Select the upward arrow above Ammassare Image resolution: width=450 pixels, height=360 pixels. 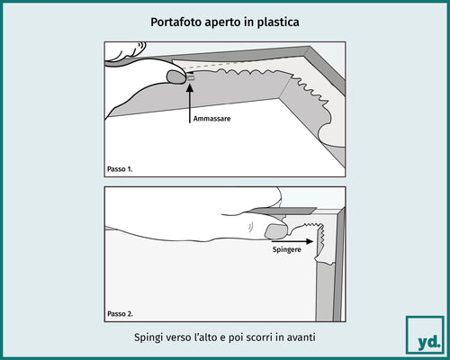(x=190, y=104)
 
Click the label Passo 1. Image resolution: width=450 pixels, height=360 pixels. (x=121, y=168)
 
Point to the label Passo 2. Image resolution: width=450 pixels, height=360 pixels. (x=121, y=313)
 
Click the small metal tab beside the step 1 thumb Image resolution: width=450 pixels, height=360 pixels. (x=191, y=79)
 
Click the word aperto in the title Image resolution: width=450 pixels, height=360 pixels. (x=227, y=19)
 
